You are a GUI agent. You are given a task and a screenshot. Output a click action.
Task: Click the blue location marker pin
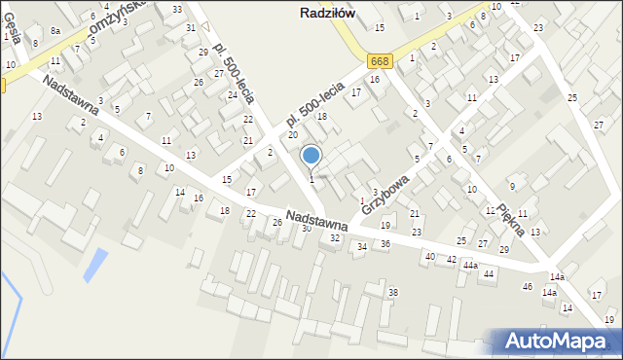coord(311,156)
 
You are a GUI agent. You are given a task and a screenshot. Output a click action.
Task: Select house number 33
coord(176,9)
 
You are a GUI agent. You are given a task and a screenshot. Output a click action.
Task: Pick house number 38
coord(393,292)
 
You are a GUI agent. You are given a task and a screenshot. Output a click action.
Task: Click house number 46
coord(528,287)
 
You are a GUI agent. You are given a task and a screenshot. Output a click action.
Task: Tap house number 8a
coord(55,31)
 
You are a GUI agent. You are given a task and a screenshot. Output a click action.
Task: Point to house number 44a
coord(470,265)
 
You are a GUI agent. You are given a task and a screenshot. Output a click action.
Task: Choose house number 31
coord(190,28)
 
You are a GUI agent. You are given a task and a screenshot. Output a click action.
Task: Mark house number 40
coord(429,256)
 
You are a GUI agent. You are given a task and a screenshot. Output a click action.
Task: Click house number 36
coord(385,243)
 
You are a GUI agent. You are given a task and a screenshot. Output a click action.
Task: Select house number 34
coord(362,247)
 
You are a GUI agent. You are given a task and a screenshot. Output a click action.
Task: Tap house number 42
coord(451,260)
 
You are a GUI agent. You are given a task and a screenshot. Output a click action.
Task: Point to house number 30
coord(306,229)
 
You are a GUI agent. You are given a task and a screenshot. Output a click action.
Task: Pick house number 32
coord(335,238)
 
